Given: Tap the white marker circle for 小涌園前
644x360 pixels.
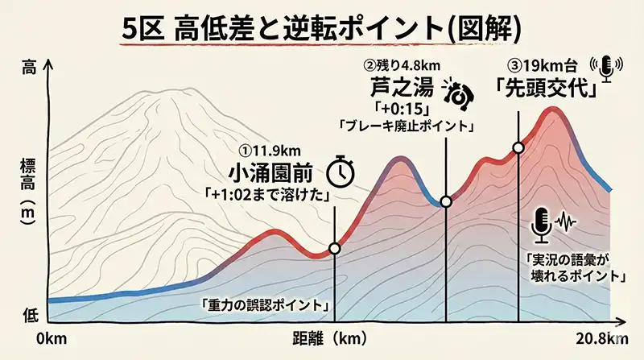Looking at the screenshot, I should click(x=335, y=248).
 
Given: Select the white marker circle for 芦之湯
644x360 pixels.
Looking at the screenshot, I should click(x=447, y=201).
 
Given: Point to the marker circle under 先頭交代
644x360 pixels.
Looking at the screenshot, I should click(x=519, y=147).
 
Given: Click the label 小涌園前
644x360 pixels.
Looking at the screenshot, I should click(x=271, y=172).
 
